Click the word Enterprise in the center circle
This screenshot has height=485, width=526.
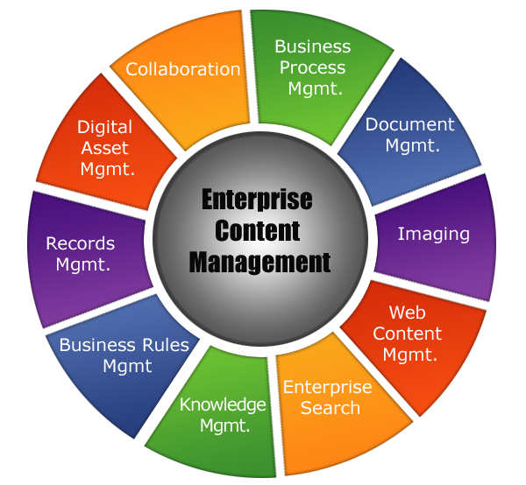click(x=257, y=200)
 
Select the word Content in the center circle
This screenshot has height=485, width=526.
click(x=257, y=230)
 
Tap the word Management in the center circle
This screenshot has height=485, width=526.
click(x=259, y=262)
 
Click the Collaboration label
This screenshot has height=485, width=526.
click(x=182, y=68)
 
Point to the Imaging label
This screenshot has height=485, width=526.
click(x=433, y=234)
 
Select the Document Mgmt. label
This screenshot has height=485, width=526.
click(x=410, y=134)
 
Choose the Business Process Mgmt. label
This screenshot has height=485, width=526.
click(x=312, y=67)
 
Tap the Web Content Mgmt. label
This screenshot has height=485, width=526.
click(x=408, y=334)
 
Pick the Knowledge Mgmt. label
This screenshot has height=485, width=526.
click(x=223, y=415)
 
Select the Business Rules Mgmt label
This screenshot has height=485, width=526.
click(x=124, y=355)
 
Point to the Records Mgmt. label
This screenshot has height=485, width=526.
click(x=81, y=253)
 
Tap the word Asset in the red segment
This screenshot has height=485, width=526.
click(x=104, y=148)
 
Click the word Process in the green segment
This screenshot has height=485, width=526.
click(x=312, y=67)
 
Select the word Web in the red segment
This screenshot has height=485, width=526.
click(x=408, y=313)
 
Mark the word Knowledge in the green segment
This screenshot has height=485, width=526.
click(x=223, y=404)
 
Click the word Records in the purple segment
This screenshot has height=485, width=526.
click(x=81, y=243)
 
